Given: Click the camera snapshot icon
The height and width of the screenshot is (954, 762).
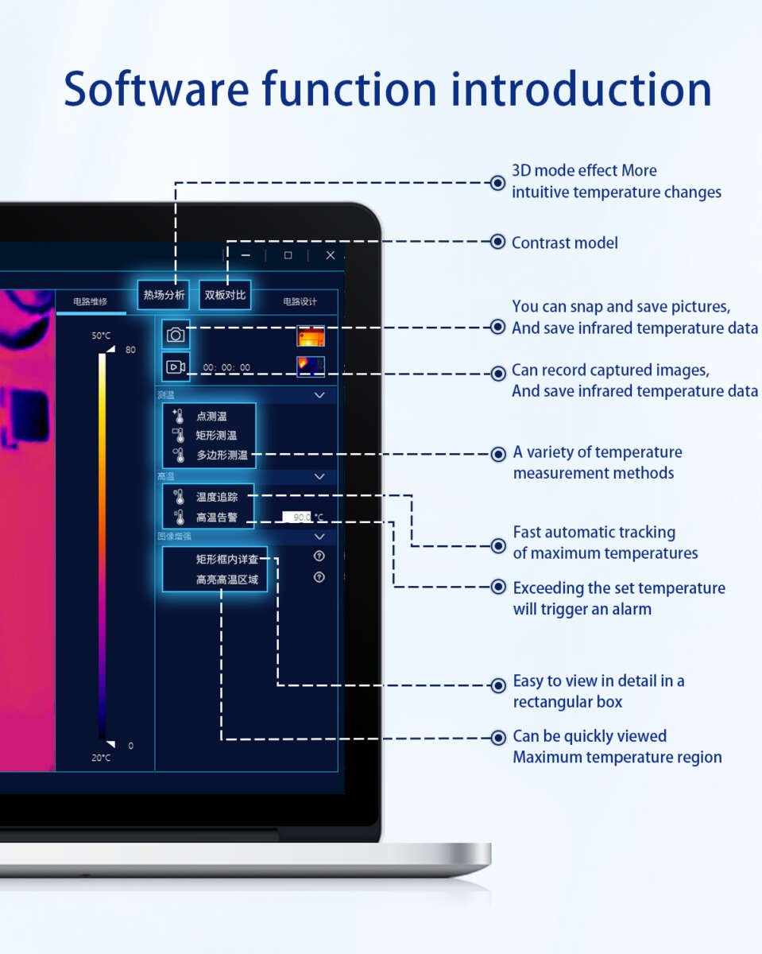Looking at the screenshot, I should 176,335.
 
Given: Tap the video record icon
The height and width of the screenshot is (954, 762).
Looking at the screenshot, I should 176,366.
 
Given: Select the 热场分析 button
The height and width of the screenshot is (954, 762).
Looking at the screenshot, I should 164,295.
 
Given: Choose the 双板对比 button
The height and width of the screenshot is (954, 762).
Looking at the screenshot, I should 225,295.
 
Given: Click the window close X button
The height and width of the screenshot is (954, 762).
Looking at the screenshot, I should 331,255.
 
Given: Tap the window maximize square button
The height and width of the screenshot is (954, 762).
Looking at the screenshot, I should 288,255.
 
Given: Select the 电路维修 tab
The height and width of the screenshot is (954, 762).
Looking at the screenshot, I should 90,301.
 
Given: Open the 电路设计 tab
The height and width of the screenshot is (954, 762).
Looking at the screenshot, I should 300,301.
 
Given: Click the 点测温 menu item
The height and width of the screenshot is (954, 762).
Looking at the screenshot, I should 212,416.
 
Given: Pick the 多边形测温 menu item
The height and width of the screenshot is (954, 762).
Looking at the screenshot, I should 222,456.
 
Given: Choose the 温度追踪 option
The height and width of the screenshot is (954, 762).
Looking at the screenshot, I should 217,497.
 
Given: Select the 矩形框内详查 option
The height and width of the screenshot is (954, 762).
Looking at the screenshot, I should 227,559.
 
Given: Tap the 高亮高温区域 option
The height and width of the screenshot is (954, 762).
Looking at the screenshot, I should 227,580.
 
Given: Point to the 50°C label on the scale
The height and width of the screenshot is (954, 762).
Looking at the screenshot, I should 101,335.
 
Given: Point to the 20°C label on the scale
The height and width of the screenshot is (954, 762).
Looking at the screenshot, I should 101,758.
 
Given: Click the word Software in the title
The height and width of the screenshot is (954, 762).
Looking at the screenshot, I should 155,89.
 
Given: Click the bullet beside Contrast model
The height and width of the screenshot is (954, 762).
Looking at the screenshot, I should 497,242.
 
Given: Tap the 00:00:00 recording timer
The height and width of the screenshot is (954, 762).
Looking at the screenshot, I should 226,367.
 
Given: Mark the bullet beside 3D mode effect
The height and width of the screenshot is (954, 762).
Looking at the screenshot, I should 497,182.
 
